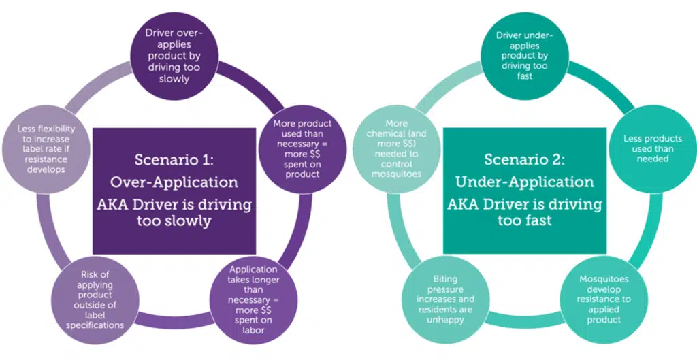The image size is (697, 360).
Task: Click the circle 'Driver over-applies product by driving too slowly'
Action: coord(174,56)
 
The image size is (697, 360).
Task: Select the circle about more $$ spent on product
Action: coord(302,149)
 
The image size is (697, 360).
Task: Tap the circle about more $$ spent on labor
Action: coord(254,299)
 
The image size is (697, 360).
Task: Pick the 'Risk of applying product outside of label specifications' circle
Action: coord(95,299)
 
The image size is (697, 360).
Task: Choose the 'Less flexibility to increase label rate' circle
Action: coord(46,149)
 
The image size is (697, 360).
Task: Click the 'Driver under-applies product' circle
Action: coord(524,56)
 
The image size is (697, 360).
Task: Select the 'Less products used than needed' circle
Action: coord(653,149)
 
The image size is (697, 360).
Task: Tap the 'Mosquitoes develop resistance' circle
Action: coord(604,299)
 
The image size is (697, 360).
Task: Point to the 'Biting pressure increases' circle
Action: coord(445,299)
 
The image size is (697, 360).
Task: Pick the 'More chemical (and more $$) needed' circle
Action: coord(397,149)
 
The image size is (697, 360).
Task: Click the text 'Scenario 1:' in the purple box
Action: coord(174,160)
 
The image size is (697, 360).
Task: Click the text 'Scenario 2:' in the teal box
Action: coord(525,159)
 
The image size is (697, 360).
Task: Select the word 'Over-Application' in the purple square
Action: coord(174,182)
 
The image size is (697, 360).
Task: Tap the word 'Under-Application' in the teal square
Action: coord(525,182)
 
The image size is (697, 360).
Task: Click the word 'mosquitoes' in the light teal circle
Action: coord(397,174)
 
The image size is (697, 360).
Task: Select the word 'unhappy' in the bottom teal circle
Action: coord(445,320)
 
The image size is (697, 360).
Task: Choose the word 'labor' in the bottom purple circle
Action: coord(254,330)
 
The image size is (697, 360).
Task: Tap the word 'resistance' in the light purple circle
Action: coord(46,159)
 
